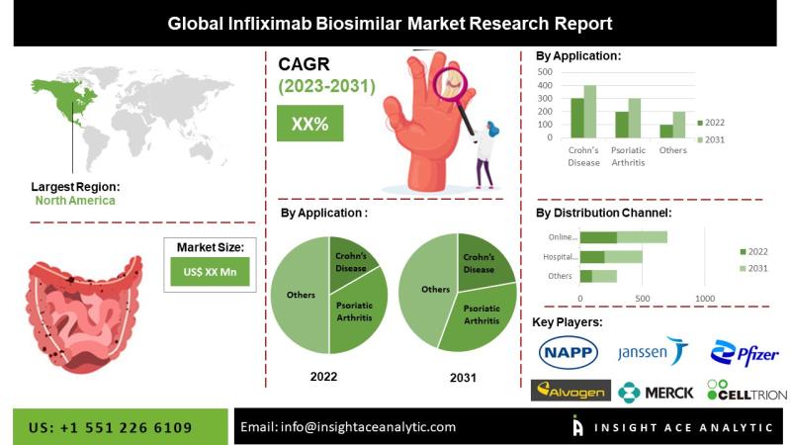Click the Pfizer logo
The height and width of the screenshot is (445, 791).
tap(745, 353)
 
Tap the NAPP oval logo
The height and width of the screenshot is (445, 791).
tap(568, 352)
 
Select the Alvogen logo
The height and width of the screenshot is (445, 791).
tap(571, 391)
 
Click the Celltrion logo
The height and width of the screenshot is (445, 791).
tap(747, 391)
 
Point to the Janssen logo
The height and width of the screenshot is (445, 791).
tap(653, 350)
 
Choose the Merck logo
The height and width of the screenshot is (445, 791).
tap(656, 392)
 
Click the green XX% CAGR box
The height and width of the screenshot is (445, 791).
tap(309, 123)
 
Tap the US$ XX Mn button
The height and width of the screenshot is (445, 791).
tap(210, 272)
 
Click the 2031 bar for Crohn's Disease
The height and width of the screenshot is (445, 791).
tap(590, 112)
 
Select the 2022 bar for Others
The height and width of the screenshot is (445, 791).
tap(666, 132)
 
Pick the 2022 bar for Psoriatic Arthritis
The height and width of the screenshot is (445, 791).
tap(622, 125)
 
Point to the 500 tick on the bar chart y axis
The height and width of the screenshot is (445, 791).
tap(545, 72)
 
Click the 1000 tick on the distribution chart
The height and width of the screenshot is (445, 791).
tap(705, 299)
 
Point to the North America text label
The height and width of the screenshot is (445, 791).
tap(75, 201)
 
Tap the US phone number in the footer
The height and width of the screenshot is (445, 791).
tap(111, 428)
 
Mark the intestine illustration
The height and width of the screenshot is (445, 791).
tap(83, 313)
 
